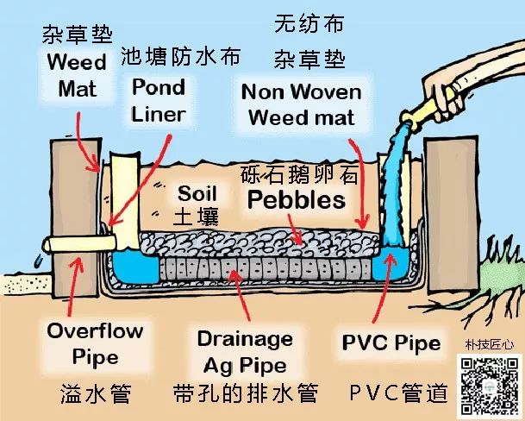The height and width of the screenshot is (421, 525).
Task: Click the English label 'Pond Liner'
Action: [x=158, y=100]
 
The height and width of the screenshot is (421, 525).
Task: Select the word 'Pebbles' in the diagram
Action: [x=296, y=200]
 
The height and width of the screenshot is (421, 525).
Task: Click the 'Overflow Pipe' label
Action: [x=83, y=342]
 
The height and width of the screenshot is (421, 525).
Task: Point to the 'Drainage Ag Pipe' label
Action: [x=244, y=350]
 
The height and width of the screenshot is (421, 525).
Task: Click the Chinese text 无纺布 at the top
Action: [x=309, y=23]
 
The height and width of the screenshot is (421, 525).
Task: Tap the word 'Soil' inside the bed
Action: [x=198, y=192]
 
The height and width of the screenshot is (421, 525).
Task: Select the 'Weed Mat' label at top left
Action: [x=77, y=74]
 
